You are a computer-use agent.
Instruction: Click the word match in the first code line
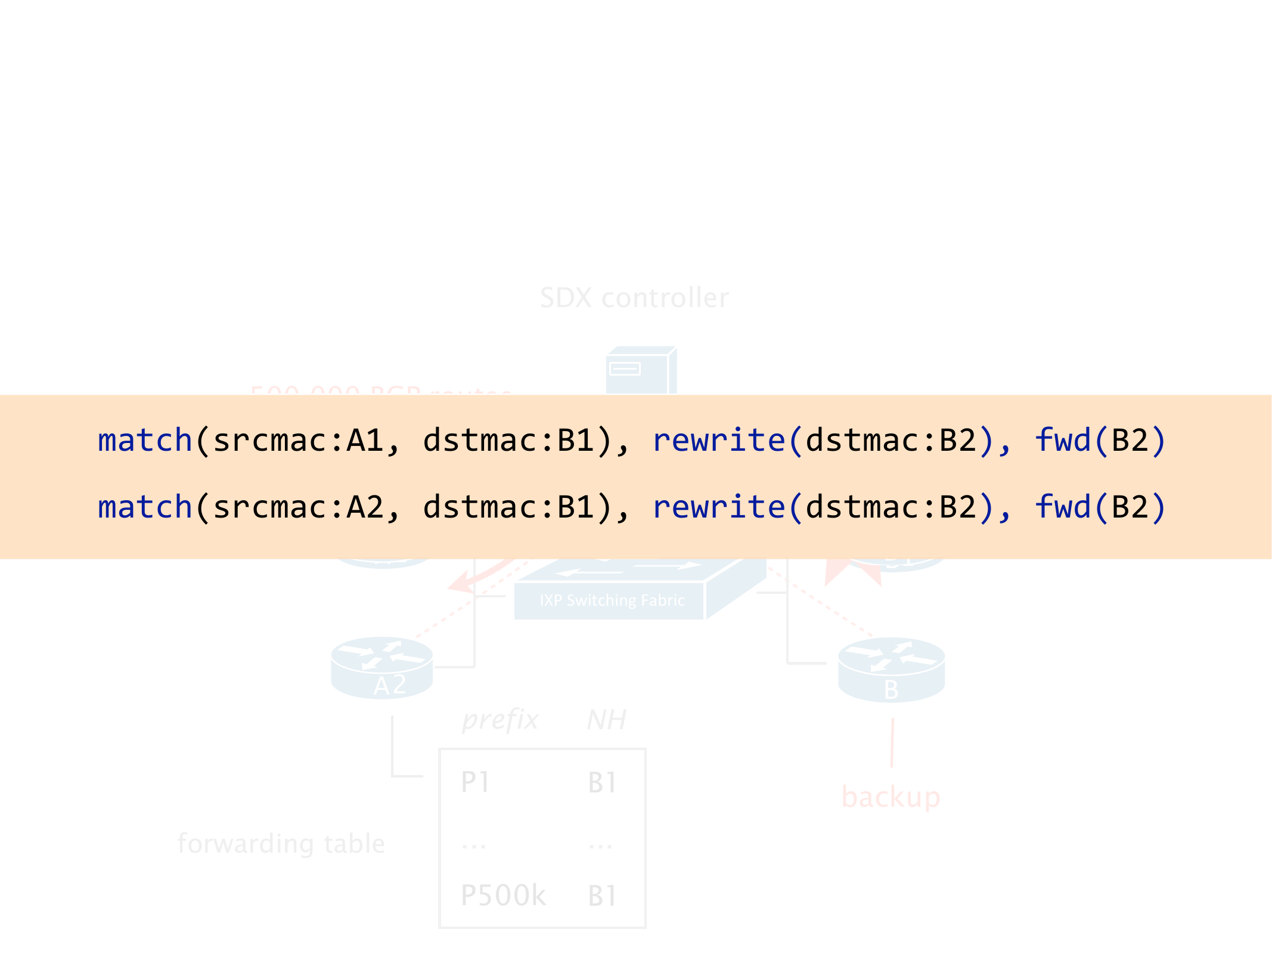pos(145,441)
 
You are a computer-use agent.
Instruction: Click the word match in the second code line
pos(145,507)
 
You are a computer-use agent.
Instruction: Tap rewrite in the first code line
pos(719,441)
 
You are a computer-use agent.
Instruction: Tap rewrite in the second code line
pos(719,507)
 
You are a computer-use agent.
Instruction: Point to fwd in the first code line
pos(1063,441)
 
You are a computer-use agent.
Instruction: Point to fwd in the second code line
pos(1063,507)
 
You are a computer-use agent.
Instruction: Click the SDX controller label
pos(634,298)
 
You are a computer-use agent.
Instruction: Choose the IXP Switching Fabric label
pos(612,600)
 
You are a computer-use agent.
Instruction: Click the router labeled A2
pos(382,668)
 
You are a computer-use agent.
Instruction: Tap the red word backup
pos(891,797)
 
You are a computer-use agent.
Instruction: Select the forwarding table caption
pos(281,844)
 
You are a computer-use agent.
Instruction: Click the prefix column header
pos(500,720)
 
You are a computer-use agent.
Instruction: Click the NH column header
pos(606,720)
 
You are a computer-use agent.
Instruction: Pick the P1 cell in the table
pos(475,782)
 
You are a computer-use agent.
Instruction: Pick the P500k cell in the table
pos(504,896)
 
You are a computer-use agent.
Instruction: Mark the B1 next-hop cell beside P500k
pos(602,896)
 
